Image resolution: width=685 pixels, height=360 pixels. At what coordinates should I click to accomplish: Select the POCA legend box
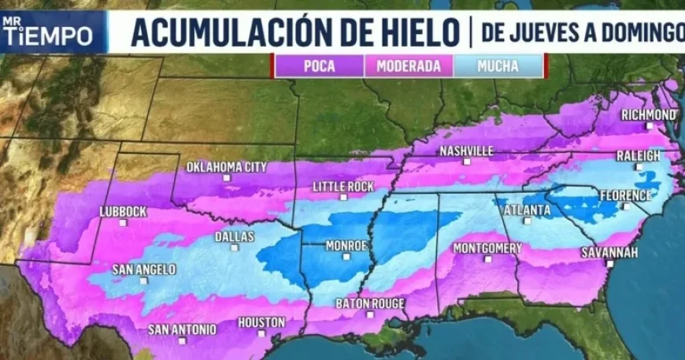pyautogui.click(x=318, y=66)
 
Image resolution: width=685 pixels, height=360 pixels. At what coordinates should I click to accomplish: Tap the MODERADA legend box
pyautogui.click(x=408, y=66)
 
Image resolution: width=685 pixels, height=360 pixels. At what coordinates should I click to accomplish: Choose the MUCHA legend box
pyautogui.click(x=498, y=66)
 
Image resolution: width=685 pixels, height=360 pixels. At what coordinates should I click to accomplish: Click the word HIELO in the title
pyautogui.click(x=417, y=32)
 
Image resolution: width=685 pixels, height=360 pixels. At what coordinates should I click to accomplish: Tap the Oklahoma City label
pyautogui.click(x=226, y=167)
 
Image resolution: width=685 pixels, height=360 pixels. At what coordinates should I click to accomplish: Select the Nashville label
pyautogui.click(x=467, y=150)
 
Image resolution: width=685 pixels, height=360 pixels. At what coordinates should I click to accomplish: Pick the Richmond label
pyautogui.click(x=648, y=115)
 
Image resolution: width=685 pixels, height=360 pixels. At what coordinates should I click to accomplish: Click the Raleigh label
pyautogui.click(x=639, y=156)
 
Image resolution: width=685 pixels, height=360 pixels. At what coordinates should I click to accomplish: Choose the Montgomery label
pyautogui.click(x=487, y=248)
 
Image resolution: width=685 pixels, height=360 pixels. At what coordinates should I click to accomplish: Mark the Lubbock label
pyautogui.click(x=123, y=211)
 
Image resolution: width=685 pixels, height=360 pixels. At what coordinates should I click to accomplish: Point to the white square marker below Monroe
pyautogui.click(x=347, y=257)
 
